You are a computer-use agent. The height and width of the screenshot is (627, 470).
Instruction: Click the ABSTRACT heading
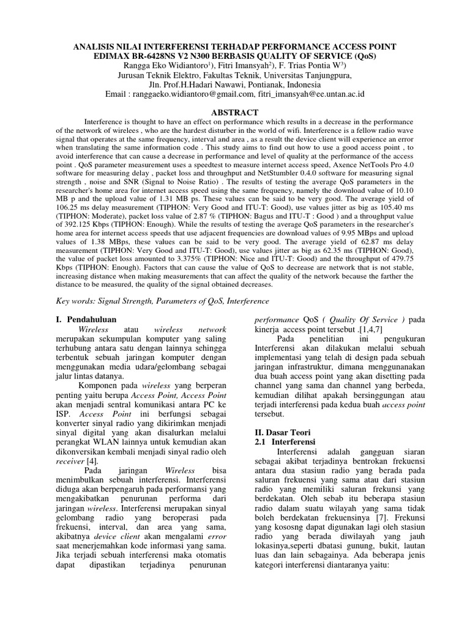click(x=234, y=113)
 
